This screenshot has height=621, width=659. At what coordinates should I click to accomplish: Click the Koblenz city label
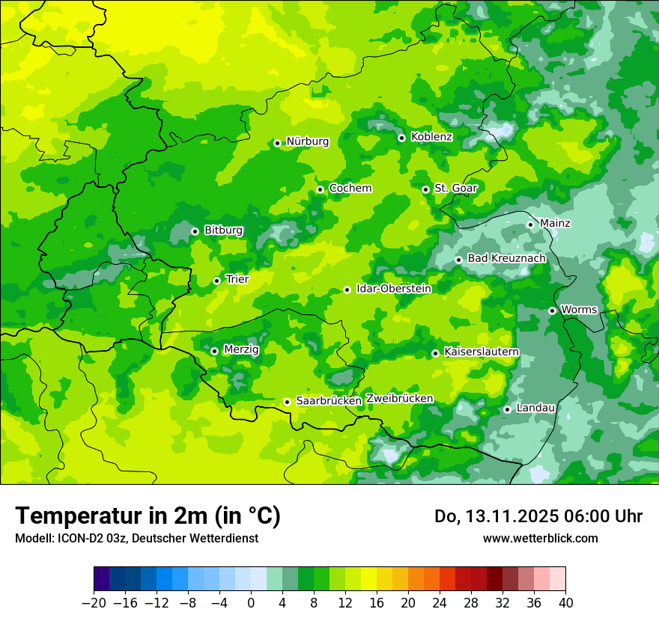pos(431,137)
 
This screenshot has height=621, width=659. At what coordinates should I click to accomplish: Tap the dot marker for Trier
pos(217,281)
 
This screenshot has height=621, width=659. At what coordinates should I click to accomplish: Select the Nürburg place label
pos(307,141)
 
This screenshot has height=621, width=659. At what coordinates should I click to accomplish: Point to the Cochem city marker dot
pos(321,189)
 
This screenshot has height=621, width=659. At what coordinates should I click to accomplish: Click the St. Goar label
pos(455,189)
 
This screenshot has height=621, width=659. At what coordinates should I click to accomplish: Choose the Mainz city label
pos(555,223)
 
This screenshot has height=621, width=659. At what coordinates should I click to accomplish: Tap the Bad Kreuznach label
pos(506,258)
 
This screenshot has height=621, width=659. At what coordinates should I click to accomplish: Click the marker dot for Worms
pos(553,310)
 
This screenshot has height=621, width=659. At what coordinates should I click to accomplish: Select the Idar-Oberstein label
pos(394,288)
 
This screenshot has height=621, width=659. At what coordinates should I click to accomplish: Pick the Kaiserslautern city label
pos(482,352)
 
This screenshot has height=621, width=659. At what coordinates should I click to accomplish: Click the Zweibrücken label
pos(399,399)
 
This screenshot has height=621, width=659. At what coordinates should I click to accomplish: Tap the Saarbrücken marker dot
pos(287,402)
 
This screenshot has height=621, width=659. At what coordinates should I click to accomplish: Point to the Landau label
pos(535,408)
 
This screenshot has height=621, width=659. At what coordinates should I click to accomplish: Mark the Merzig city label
pos(241,349)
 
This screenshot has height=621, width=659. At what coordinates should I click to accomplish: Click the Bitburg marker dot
pos(195,231)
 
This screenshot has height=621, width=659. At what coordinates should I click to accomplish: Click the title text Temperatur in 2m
pos(148,516)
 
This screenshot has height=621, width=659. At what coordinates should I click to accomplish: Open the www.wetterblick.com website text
pos(540,538)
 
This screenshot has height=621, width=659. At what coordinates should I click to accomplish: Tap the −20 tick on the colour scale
pos(94,603)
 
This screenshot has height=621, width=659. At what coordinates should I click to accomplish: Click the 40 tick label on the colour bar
pos(565,603)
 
